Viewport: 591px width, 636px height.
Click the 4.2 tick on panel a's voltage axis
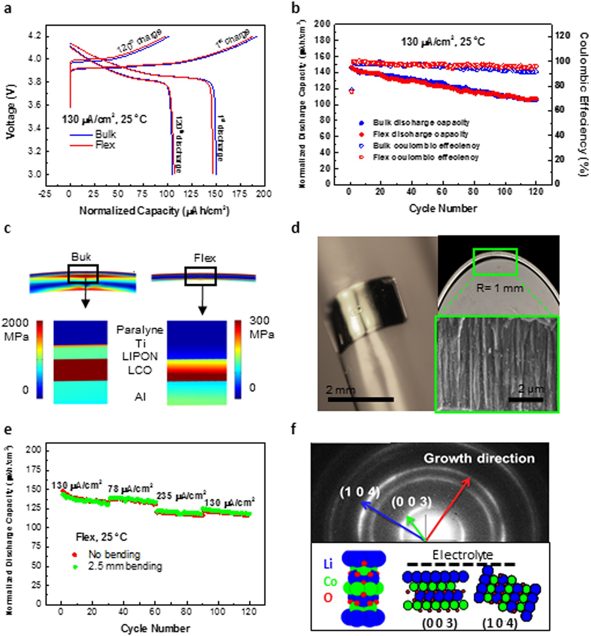tap(36, 36)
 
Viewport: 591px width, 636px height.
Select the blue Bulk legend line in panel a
tap(81, 134)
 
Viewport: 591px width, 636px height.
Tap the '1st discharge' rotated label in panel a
tap(220, 139)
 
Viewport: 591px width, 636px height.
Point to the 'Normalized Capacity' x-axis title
tap(154, 211)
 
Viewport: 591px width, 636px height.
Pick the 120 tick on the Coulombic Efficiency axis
tap(562, 36)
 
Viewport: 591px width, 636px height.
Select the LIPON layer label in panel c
tap(140, 356)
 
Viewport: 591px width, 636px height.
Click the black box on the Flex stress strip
tap(200, 276)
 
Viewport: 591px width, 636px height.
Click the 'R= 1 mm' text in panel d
tap(499, 288)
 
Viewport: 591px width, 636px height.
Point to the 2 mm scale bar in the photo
tap(360, 400)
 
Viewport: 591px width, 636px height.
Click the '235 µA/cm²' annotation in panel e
tap(181, 496)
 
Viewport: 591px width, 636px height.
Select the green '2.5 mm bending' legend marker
tap(75, 567)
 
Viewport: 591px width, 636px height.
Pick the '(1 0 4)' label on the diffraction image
tap(359, 492)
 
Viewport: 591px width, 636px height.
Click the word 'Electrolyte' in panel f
tap(462, 555)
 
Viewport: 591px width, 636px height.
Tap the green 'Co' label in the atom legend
tap(330, 582)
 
